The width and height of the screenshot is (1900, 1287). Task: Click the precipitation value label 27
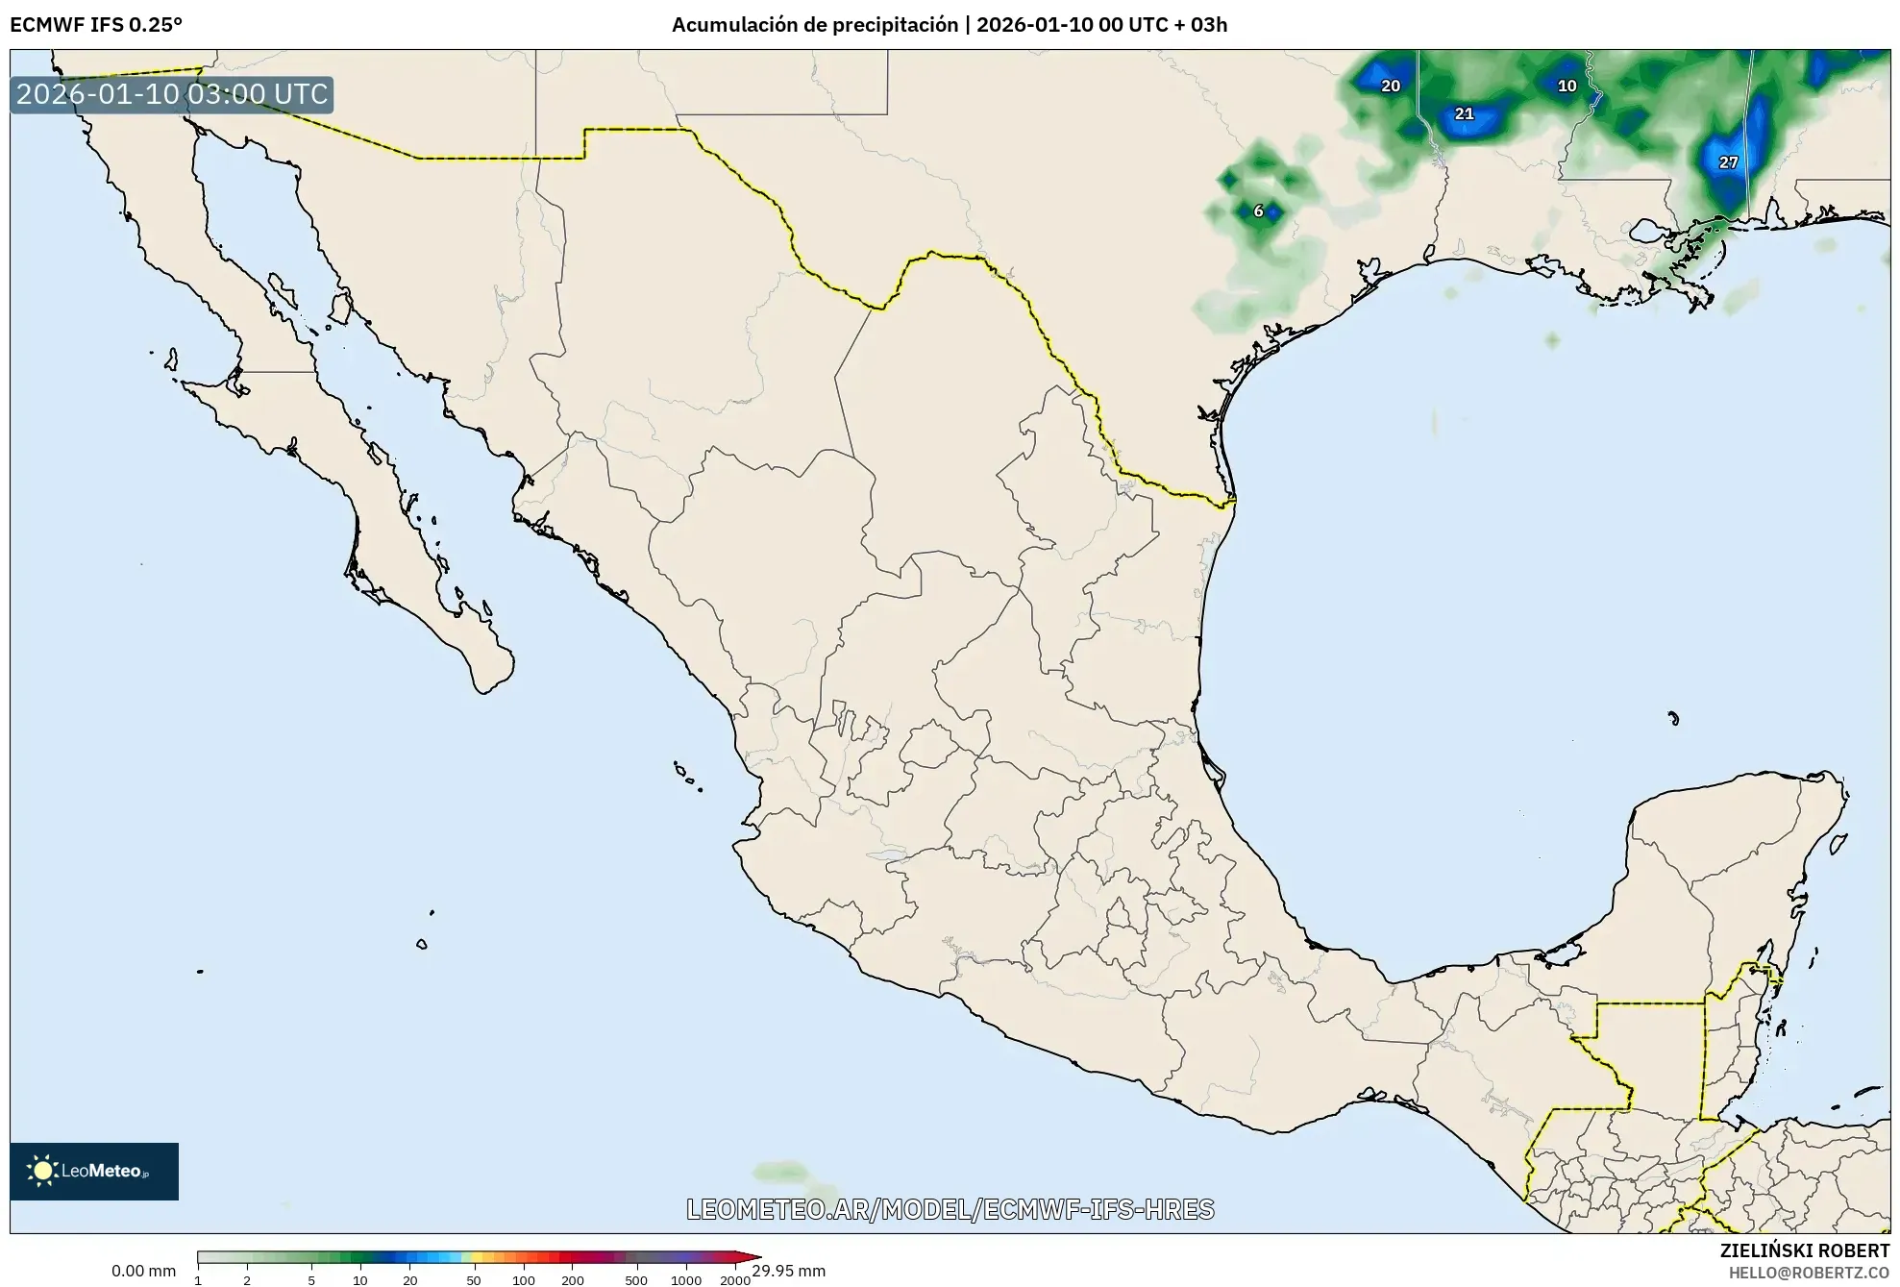(1728, 162)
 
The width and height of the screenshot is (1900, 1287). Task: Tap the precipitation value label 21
(1464, 113)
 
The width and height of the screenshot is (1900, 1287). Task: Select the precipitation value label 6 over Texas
(1258, 211)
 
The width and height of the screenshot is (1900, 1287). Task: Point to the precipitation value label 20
(1391, 86)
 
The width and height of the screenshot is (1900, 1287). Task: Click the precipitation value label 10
(1567, 86)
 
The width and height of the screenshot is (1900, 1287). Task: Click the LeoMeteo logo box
(94, 1171)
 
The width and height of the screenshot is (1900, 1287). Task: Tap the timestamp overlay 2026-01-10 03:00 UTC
(172, 94)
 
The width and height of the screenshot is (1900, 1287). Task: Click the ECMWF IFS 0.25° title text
(96, 25)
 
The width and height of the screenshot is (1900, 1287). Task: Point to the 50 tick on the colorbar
(473, 1279)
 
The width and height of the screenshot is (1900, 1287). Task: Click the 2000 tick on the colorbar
(734, 1279)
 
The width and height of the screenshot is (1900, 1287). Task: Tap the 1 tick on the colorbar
(198, 1279)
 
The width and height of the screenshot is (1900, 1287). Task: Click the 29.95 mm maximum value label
(788, 1271)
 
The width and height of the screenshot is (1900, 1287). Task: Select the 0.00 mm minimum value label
(143, 1271)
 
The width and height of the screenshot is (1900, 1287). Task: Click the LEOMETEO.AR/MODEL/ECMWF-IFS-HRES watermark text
(950, 1209)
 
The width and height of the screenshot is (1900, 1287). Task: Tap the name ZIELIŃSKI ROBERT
(1804, 1250)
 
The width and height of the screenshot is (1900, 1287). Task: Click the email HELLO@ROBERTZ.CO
(1809, 1273)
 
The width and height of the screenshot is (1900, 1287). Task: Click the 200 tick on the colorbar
(572, 1279)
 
